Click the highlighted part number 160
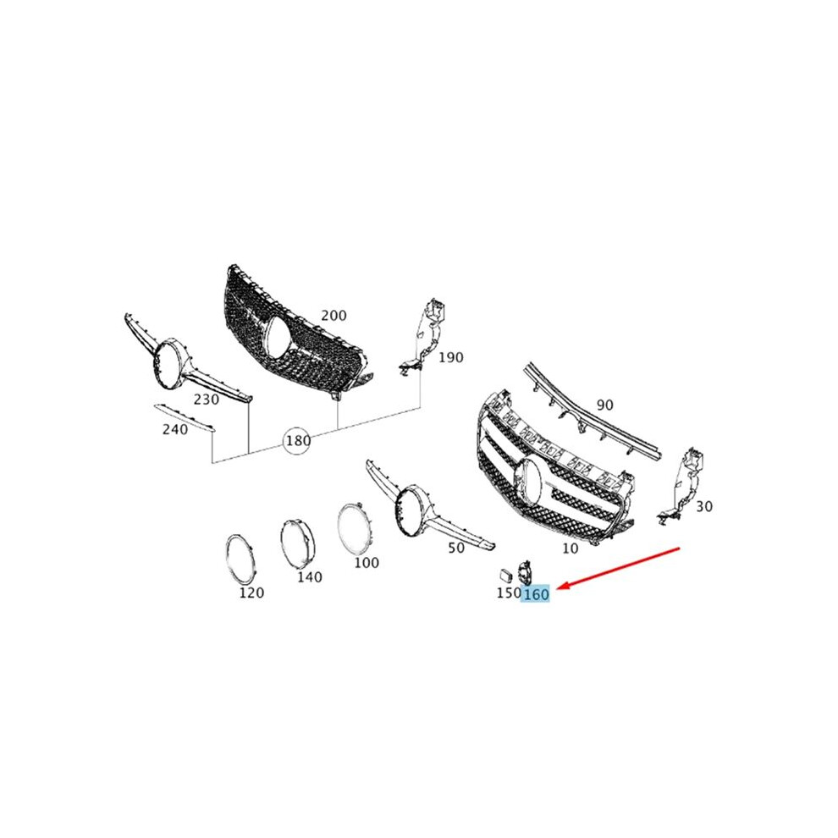click(x=536, y=593)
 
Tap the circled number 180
click(x=297, y=440)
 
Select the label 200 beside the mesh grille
click(x=334, y=316)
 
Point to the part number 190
click(x=450, y=357)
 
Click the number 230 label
click(x=207, y=400)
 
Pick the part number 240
click(x=174, y=429)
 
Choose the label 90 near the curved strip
click(x=604, y=405)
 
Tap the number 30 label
click(x=704, y=505)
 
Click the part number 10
click(x=570, y=548)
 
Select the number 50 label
click(x=455, y=548)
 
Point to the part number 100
click(x=366, y=562)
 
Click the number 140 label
click(x=310, y=576)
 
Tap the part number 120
click(x=251, y=593)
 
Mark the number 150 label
click(x=509, y=593)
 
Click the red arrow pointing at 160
click(x=619, y=568)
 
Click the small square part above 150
click(x=505, y=575)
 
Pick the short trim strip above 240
click(x=184, y=417)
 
